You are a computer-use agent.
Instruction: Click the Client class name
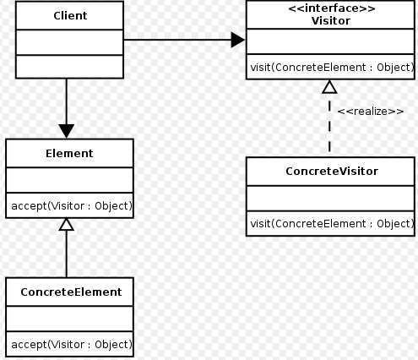click(x=70, y=16)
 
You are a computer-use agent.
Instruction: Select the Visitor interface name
click(x=331, y=21)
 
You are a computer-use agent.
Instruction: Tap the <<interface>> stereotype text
click(x=332, y=8)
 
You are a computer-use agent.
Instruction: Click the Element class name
click(x=69, y=154)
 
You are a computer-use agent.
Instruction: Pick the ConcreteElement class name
click(x=71, y=292)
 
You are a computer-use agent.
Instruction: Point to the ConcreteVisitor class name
click(x=332, y=172)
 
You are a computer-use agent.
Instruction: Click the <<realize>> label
click(x=371, y=112)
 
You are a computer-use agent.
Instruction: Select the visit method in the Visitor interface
click(x=332, y=68)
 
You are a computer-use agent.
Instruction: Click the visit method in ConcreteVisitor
click(x=332, y=224)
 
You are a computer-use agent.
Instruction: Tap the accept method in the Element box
click(x=72, y=206)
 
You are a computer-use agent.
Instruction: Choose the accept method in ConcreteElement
click(x=72, y=345)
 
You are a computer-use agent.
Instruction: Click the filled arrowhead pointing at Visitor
click(x=238, y=40)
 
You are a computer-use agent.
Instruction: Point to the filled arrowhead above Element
click(x=67, y=131)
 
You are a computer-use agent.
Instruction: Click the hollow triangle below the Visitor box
click(x=329, y=87)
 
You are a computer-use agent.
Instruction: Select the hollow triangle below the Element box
click(x=67, y=224)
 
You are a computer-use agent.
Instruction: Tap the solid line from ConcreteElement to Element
click(x=67, y=254)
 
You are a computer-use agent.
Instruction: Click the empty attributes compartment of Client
click(x=70, y=42)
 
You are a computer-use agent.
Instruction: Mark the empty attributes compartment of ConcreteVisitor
click(x=330, y=199)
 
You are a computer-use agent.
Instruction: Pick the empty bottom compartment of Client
click(x=70, y=67)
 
